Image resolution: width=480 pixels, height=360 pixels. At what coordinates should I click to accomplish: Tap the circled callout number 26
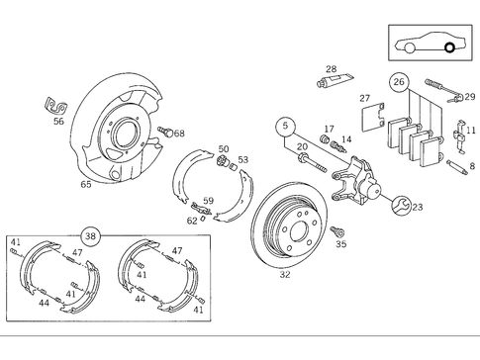399,82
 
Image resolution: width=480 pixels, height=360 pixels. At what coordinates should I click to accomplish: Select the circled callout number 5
286,126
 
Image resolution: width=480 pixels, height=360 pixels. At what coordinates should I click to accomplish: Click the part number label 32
285,275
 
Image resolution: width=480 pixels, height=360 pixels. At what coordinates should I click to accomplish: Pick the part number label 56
59,123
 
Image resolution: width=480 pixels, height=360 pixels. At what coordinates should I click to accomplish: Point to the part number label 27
364,98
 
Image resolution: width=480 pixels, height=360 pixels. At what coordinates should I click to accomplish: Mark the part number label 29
469,97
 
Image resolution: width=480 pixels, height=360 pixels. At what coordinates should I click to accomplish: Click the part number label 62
193,221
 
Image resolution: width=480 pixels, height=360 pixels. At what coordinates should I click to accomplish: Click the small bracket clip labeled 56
53,105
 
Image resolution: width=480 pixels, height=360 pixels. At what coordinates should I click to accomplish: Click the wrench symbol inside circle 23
402,206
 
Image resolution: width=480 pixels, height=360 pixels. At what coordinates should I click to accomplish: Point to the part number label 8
471,166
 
